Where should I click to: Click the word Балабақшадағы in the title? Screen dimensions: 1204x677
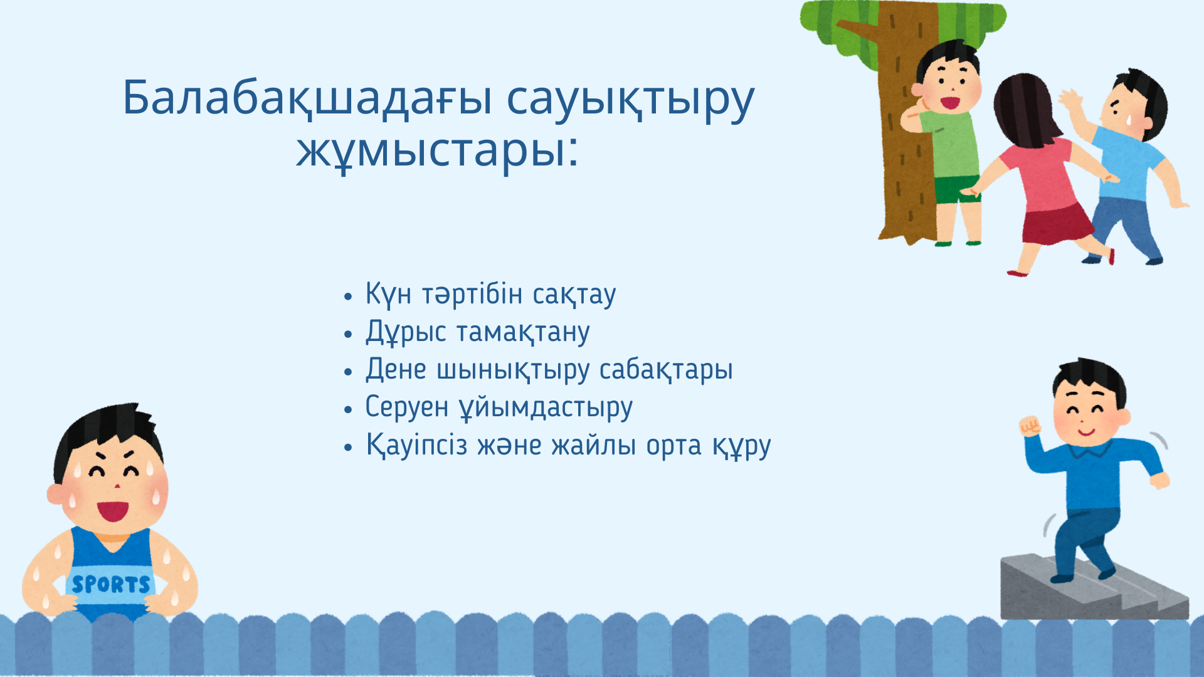click(308, 98)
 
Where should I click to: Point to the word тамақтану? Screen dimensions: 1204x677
click(532, 332)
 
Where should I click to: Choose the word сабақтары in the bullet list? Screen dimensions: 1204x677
click(666, 370)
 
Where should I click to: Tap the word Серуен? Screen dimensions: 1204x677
click(407, 407)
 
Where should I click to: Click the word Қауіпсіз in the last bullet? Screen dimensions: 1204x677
click(417, 445)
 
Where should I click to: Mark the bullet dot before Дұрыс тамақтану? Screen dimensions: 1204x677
click(349, 333)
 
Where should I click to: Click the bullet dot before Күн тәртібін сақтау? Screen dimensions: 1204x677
click(349, 296)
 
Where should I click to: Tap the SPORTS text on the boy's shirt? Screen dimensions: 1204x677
click(111, 585)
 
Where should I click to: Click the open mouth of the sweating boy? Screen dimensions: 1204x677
click(113, 510)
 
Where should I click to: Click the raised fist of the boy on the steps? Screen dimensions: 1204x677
click(1030, 426)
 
